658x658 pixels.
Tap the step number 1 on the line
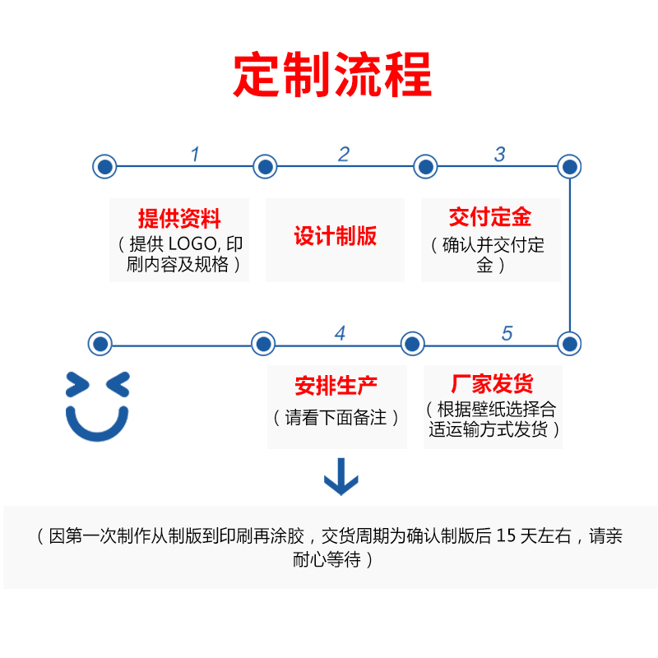click(x=195, y=154)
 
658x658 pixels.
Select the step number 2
click(x=344, y=154)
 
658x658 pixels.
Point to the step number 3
click(x=499, y=154)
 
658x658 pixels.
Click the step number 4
click(x=340, y=333)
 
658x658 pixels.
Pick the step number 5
click(x=507, y=333)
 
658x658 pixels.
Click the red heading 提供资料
click(x=179, y=219)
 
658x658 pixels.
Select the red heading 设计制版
click(x=336, y=237)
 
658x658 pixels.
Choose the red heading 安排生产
click(x=336, y=386)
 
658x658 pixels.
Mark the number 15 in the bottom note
click(x=507, y=537)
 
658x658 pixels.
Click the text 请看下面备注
click(x=336, y=418)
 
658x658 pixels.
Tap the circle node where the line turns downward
click(x=569, y=167)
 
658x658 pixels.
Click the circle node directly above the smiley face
click(x=100, y=344)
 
